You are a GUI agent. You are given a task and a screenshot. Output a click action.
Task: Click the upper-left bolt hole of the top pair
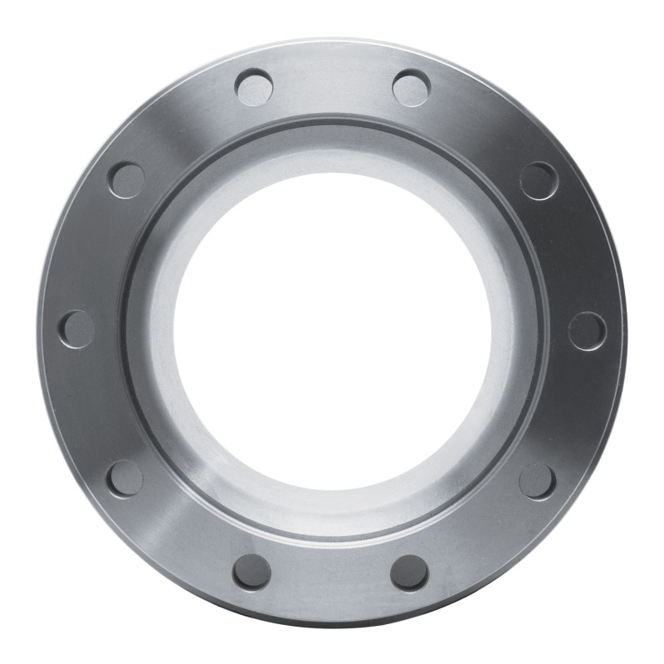point(254,87)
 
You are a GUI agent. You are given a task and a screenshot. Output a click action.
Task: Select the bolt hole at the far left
point(76,329)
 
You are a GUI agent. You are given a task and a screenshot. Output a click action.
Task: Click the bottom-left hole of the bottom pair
point(251,572)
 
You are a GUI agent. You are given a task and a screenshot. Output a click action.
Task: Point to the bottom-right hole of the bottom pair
point(409,572)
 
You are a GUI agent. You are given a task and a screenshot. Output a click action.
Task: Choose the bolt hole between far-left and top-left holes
point(126,180)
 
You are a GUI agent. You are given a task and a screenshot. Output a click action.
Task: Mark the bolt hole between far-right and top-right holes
point(539,180)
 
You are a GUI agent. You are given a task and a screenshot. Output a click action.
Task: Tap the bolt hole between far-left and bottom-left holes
point(124,478)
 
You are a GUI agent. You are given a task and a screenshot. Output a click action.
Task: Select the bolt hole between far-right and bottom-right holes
point(537,481)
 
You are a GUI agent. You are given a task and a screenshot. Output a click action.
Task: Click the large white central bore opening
point(332,329)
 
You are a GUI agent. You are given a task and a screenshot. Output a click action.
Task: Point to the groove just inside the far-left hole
point(123,330)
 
